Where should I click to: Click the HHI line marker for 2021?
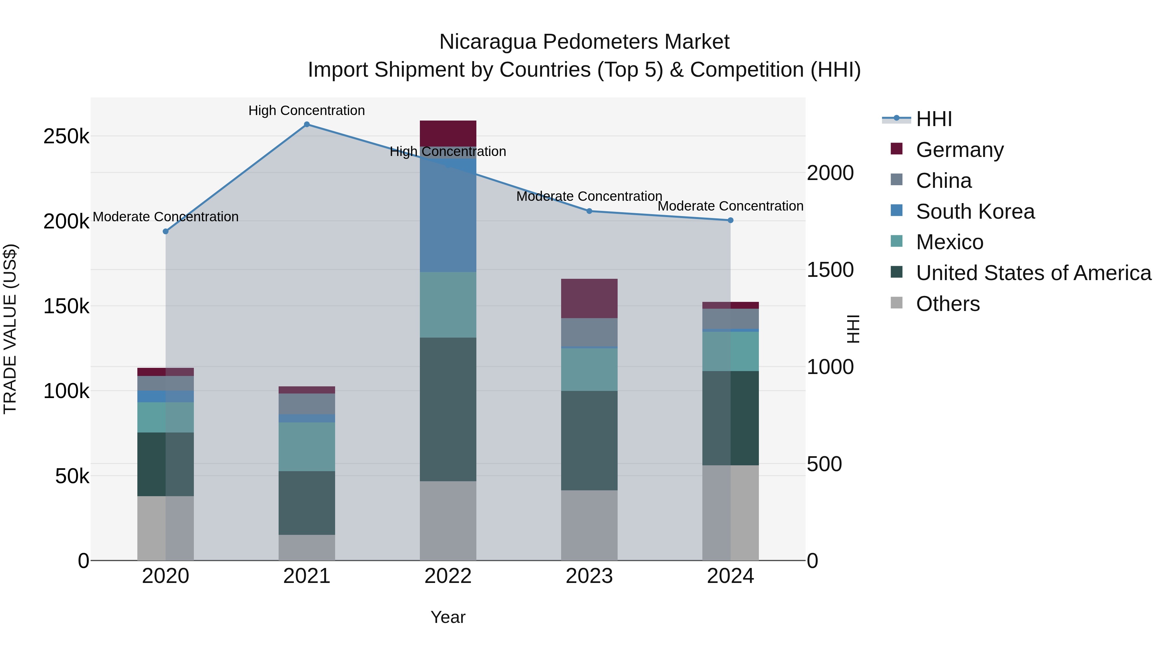tap(307, 124)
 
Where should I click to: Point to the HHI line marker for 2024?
tap(731, 220)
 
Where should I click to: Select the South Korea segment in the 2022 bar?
tap(448, 213)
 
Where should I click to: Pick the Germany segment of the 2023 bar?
tap(589, 298)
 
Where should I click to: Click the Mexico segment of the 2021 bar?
tap(307, 447)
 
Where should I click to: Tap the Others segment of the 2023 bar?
tap(589, 525)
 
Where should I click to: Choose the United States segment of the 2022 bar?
tap(448, 409)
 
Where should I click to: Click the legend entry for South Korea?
tap(975, 212)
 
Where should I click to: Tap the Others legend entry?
tap(948, 304)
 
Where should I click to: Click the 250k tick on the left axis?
tap(66, 136)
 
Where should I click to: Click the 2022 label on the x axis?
tap(448, 576)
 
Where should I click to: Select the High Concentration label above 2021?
tap(307, 111)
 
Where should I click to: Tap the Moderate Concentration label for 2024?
tap(731, 206)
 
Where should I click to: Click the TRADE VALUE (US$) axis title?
tap(10, 329)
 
